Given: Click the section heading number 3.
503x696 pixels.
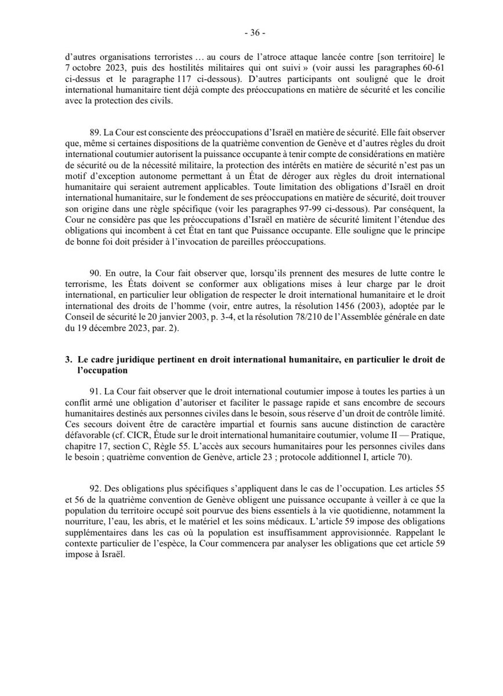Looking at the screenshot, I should tap(67, 360).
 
